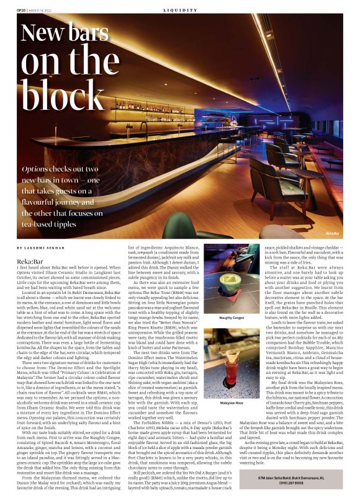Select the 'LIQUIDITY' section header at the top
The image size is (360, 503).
[x=180, y=11]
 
